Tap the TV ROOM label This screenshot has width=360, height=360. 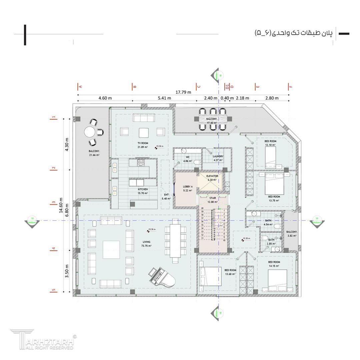(143, 143)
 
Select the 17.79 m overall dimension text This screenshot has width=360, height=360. (183, 92)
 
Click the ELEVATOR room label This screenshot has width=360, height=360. (212, 176)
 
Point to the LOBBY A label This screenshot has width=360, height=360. (188, 187)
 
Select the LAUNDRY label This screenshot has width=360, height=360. (218, 156)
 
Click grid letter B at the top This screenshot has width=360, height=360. (135, 87)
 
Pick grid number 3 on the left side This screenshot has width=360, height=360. (53, 202)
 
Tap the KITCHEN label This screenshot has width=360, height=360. (143, 189)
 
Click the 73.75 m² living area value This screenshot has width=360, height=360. (146, 246)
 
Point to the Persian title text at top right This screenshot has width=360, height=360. (293, 33)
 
